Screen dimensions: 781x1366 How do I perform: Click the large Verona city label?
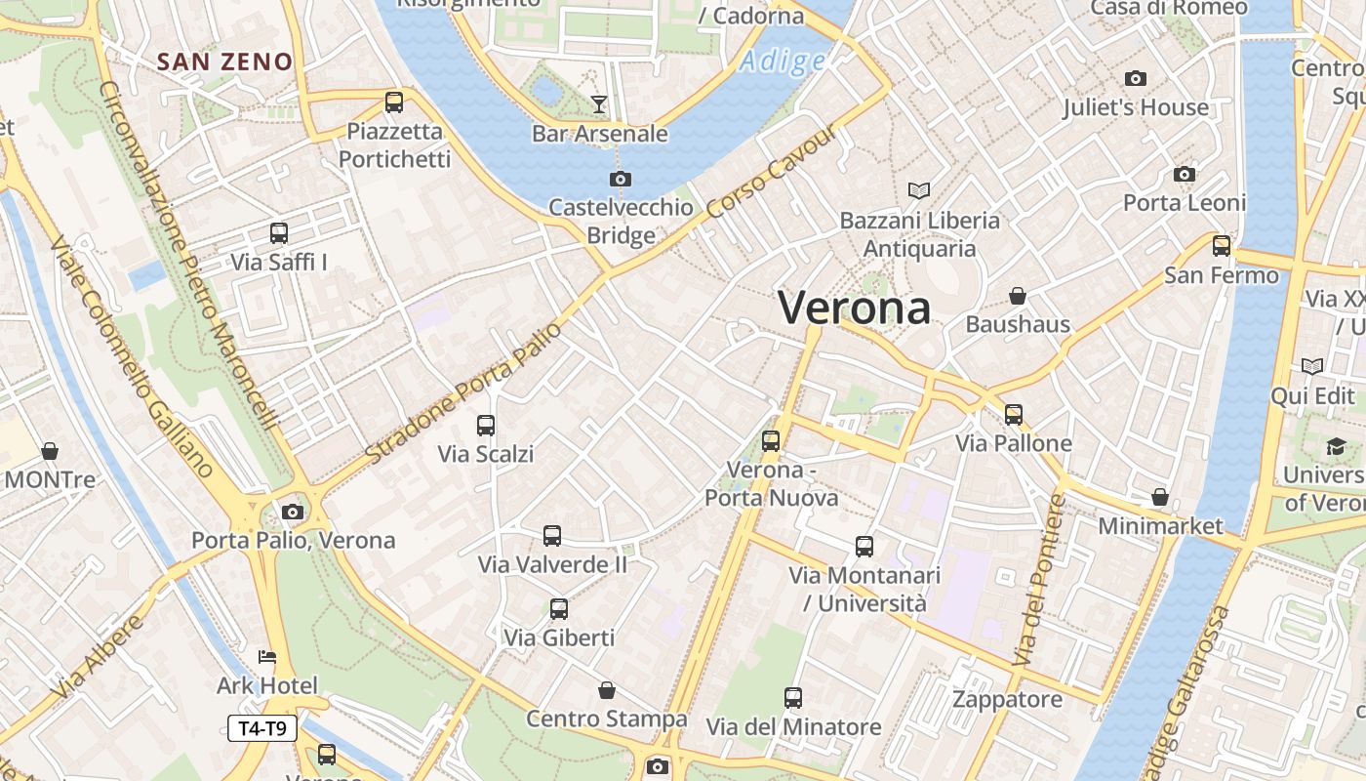855,308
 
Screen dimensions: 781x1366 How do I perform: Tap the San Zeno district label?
224,62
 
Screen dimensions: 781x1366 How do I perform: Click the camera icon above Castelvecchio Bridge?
620,180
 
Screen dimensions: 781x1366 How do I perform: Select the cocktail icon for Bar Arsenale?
599,103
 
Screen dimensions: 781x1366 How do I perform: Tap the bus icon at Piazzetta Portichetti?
394,102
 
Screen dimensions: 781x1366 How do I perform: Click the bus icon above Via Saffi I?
279,233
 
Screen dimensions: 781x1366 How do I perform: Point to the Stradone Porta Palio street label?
464,392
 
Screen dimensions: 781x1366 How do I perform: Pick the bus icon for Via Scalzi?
486,426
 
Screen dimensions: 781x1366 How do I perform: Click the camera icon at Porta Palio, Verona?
292,512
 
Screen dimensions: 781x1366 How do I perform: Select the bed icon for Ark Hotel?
267,657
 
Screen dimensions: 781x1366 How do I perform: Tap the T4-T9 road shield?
262,727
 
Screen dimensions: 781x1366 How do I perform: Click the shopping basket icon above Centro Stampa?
607,691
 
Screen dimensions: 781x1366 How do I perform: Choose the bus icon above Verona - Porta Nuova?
771,441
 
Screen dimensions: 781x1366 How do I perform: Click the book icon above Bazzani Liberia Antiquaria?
919,191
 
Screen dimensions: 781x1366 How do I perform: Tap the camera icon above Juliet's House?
1135,78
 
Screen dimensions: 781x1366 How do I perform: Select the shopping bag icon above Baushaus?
1018,295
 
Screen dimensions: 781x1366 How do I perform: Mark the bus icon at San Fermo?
1222,246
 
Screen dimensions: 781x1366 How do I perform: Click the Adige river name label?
783,62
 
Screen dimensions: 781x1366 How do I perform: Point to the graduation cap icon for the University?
1335,447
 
